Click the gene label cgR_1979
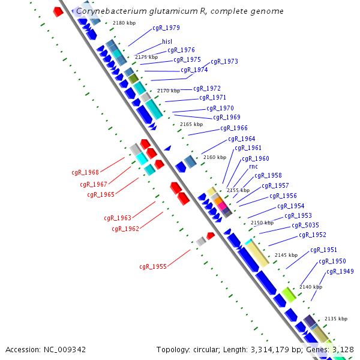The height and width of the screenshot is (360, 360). point(166,28)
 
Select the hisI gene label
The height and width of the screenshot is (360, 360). point(167,42)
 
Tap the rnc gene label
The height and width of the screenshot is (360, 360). point(253,166)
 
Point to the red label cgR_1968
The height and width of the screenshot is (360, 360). point(85,173)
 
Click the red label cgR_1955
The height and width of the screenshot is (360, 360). point(153,266)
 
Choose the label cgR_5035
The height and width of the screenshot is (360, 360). point(303,226)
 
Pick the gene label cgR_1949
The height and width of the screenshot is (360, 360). point(340,272)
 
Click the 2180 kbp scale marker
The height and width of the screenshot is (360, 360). point(124,23)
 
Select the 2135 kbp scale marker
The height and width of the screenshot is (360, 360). point(335,319)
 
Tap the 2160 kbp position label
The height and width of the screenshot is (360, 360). point(215,157)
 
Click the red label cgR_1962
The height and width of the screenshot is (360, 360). point(125,229)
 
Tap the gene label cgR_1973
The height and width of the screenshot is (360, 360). point(224,62)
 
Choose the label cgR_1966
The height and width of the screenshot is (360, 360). point(234,128)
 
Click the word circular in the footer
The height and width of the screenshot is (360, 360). point(215,349)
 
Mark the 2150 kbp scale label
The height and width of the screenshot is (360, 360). point(262,223)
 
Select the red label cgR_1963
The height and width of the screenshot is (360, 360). point(118,218)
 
